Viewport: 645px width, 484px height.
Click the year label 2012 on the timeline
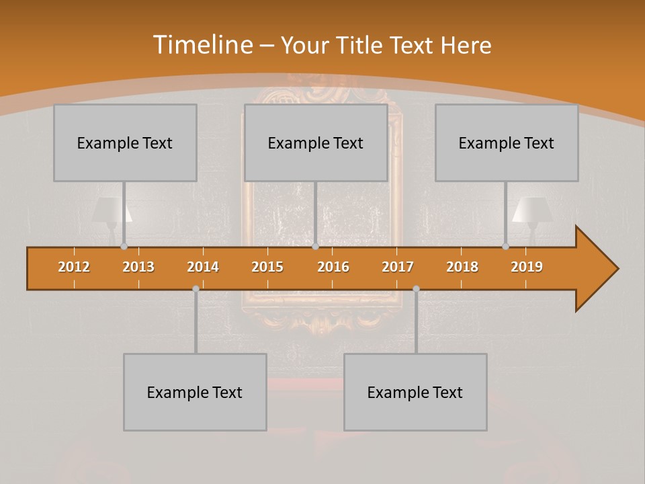tap(74, 267)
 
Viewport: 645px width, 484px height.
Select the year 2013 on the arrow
tap(138, 267)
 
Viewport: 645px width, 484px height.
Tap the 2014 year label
tap(203, 267)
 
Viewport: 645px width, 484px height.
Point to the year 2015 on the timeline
tap(267, 267)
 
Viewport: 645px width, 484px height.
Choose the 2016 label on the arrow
tap(333, 267)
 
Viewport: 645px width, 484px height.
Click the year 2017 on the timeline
tap(398, 267)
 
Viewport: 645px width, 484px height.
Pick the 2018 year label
tap(462, 267)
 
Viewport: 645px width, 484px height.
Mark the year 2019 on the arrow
tap(527, 267)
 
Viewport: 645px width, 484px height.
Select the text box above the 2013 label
tap(125, 143)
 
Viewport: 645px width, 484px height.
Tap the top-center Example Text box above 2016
tap(316, 143)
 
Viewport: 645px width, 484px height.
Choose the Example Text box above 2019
tap(507, 143)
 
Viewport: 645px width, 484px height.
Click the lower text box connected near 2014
tap(195, 392)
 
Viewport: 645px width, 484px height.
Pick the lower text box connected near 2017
tap(415, 392)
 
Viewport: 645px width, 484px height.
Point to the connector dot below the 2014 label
tap(196, 288)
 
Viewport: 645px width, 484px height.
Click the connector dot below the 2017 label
tap(416, 288)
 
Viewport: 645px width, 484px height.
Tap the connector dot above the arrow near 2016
tap(315, 247)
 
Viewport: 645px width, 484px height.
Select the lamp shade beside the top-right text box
tap(532, 210)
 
